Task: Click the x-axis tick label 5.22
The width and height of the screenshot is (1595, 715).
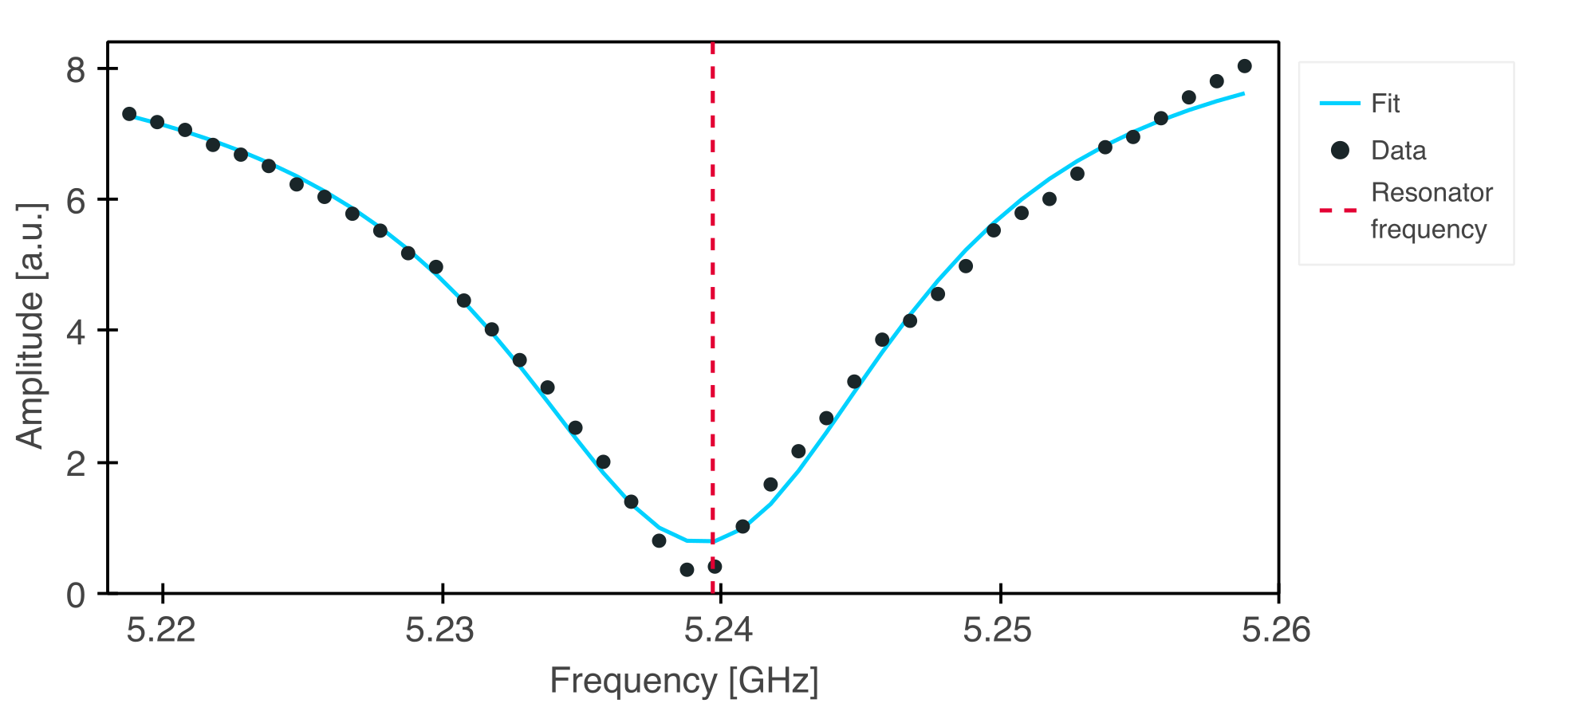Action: [x=161, y=631]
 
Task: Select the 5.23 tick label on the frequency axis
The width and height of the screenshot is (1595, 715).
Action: [x=439, y=631]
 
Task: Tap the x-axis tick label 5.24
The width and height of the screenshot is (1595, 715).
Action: [x=719, y=631]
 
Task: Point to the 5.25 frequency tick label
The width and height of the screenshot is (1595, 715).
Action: [x=997, y=631]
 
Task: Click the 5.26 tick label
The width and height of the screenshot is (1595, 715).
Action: [x=1275, y=631]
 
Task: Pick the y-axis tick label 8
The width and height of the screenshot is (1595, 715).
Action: [x=76, y=70]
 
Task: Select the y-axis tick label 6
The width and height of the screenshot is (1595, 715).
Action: [x=76, y=202]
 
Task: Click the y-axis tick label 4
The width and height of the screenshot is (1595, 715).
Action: [x=76, y=332]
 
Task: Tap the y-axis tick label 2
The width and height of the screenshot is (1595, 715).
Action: [x=76, y=464]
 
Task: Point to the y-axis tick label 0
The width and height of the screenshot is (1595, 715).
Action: [x=76, y=595]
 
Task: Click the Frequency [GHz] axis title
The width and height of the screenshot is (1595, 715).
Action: [x=684, y=681]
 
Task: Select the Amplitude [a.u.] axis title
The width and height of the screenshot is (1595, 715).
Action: [x=30, y=325]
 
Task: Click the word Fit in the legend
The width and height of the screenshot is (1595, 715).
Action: [x=1385, y=104]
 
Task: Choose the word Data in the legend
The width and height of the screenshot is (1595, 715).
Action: [x=1398, y=151]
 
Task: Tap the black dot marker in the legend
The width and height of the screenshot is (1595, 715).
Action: [x=1340, y=150]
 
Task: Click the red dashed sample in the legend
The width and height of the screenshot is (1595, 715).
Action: [x=1338, y=210]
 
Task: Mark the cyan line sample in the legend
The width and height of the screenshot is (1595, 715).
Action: [x=1339, y=104]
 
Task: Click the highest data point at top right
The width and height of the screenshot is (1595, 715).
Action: [x=1244, y=66]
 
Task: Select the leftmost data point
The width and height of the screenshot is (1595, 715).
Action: [x=129, y=114]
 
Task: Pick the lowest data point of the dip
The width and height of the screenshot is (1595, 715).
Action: [x=687, y=569]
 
